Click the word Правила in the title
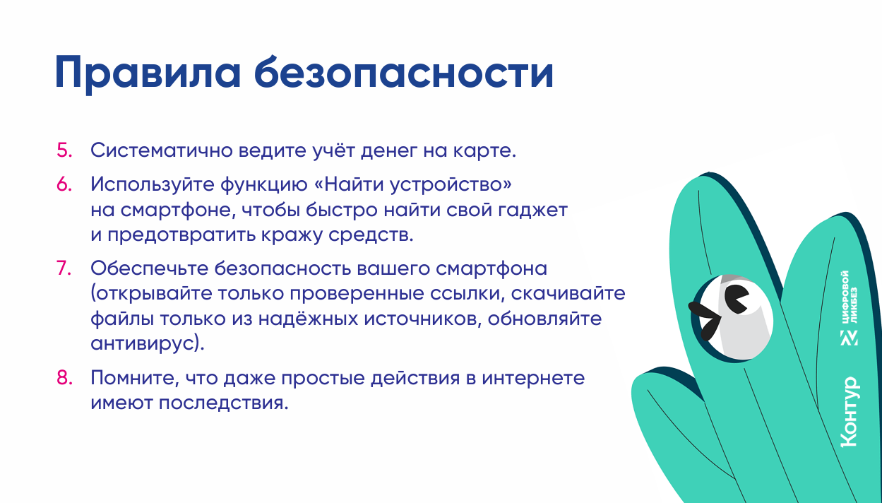click(148, 73)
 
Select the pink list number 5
click(64, 150)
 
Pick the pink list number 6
click(64, 184)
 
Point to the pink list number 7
click(64, 268)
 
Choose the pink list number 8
click(64, 377)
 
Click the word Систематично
click(162, 150)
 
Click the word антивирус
click(144, 343)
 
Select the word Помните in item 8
click(135, 377)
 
